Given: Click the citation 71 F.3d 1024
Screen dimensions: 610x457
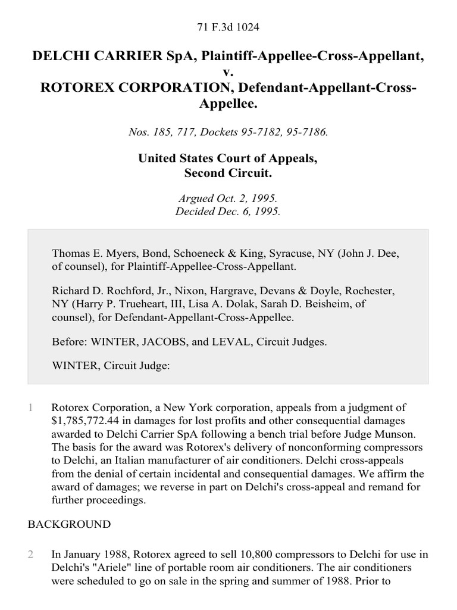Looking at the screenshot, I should click(x=228, y=27).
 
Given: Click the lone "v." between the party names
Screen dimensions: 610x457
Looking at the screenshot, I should click(x=228, y=72).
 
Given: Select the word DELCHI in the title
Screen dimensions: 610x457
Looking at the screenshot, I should click(x=61, y=57).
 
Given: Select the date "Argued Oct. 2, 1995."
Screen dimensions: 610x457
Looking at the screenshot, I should click(x=228, y=198).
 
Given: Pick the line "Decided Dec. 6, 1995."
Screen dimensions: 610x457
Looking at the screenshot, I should click(x=228, y=211).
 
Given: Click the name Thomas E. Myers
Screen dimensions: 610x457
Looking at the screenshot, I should click(x=86, y=254).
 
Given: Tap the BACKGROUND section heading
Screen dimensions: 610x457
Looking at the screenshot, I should click(x=69, y=525).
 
